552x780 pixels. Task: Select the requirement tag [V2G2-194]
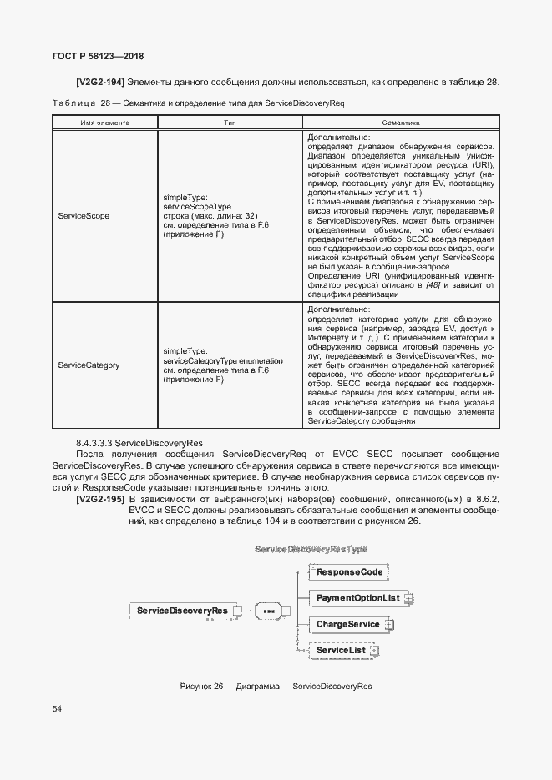[x=101, y=83]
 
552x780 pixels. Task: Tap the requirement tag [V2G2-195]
[x=101, y=499]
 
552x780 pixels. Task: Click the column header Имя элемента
[x=104, y=122]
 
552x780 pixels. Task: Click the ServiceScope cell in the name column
[x=84, y=216]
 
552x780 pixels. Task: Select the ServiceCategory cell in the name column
[x=89, y=365]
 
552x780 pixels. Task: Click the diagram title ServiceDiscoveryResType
[x=310, y=550]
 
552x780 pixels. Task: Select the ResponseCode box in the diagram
[x=348, y=572]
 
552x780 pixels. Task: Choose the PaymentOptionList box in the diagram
[x=357, y=598]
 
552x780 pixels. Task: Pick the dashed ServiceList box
[x=342, y=650]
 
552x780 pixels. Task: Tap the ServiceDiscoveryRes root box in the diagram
[x=182, y=611]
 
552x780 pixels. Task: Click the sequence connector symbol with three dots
[x=269, y=611]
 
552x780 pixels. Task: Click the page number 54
[x=57, y=709]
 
